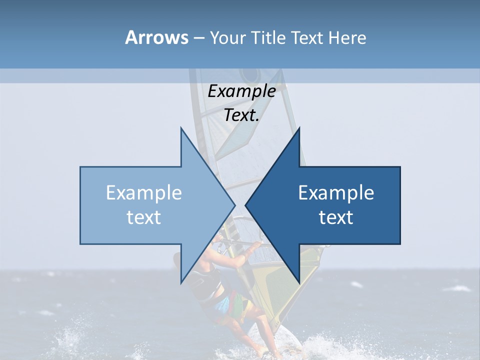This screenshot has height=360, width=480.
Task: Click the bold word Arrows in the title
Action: (157, 37)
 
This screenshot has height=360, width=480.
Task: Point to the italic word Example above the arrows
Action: (241, 91)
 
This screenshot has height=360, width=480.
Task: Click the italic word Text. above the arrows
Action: (241, 115)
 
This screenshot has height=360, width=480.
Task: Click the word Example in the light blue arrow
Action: (144, 193)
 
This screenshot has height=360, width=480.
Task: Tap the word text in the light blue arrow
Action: (144, 217)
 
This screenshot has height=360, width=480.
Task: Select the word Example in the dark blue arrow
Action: (336, 193)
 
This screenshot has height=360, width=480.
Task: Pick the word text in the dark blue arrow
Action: (336, 217)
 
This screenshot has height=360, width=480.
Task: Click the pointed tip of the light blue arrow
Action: (234, 205)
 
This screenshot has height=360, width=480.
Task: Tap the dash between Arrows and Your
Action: (198, 37)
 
